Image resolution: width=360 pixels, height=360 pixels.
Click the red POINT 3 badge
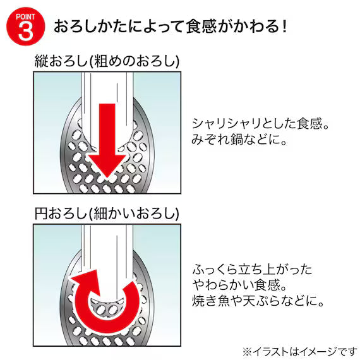25,26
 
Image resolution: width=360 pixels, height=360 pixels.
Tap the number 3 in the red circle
25,31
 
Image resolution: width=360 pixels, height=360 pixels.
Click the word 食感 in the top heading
201,27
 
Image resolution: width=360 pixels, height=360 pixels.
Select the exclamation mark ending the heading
285,27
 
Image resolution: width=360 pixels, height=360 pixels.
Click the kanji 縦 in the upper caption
41,61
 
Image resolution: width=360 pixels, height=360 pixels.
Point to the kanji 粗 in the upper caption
101,61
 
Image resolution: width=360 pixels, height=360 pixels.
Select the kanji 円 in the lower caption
41,213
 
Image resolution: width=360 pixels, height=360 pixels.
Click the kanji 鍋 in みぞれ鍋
236,139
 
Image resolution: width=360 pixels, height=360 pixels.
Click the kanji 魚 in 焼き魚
224,301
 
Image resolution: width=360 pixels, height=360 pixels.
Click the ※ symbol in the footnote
248,352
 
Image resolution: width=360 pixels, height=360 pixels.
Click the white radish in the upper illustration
107,108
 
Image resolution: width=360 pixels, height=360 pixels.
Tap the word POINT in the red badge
25,17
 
